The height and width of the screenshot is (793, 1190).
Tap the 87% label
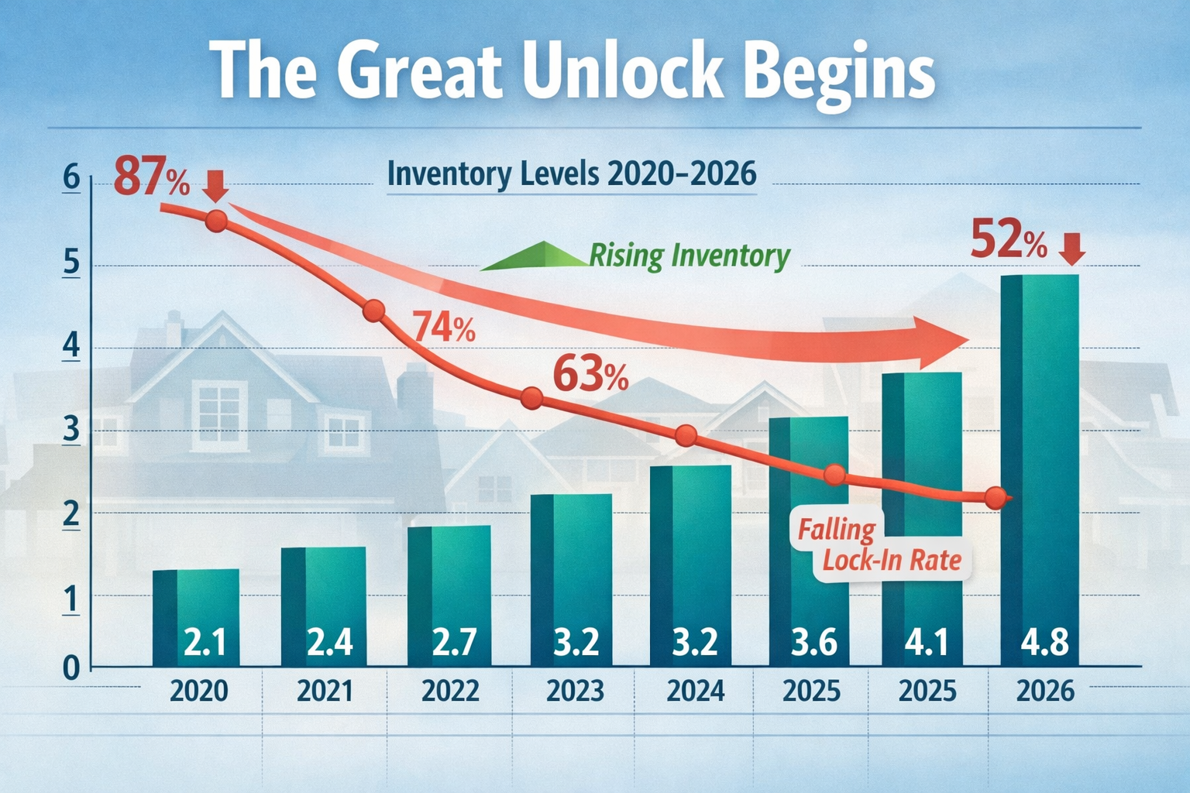(x=152, y=178)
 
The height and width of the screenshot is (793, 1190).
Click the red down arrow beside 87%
(x=215, y=186)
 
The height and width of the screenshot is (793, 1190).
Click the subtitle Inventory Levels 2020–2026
(x=571, y=173)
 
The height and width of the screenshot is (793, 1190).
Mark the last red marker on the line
(x=996, y=499)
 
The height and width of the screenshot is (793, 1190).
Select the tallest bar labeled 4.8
(x=1040, y=465)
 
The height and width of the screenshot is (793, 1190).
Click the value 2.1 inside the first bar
(x=205, y=643)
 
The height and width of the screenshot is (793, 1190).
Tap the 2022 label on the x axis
(x=450, y=690)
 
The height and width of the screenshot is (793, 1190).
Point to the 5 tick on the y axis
(x=71, y=264)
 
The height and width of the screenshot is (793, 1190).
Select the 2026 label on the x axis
(x=1045, y=690)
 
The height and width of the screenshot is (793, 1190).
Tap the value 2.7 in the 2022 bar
(x=453, y=643)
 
